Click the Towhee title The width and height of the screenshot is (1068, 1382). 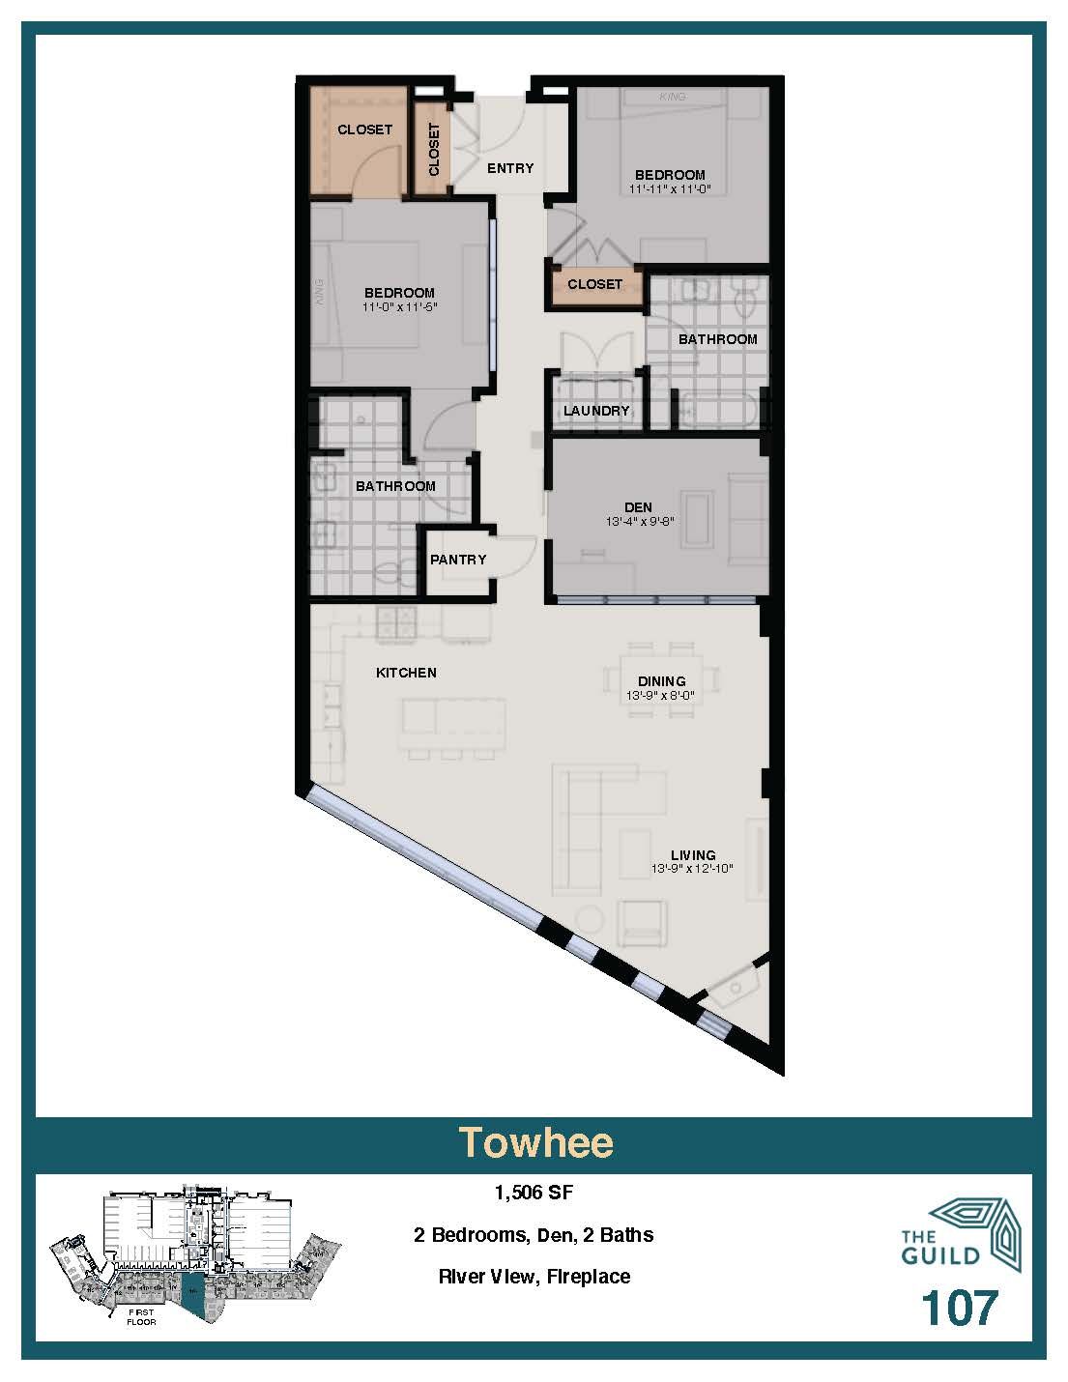[534, 1142]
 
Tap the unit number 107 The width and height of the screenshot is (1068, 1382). [958, 1308]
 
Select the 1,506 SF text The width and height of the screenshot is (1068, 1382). [534, 1193]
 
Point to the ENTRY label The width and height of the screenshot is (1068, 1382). [510, 168]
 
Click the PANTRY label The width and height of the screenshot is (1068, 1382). [458, 560]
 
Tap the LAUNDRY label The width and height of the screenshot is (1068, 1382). [596, 411]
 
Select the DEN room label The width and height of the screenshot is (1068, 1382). [638, 507]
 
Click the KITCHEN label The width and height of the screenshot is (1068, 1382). [406, 673]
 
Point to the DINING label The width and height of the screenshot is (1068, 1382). [661, 681]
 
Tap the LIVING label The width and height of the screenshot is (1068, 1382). [693, 855]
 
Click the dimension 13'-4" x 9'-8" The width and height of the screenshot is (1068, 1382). [638, 521]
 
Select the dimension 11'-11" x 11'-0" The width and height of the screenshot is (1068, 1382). [670, 189]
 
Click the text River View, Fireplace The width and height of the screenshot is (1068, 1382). [534, 1277]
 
